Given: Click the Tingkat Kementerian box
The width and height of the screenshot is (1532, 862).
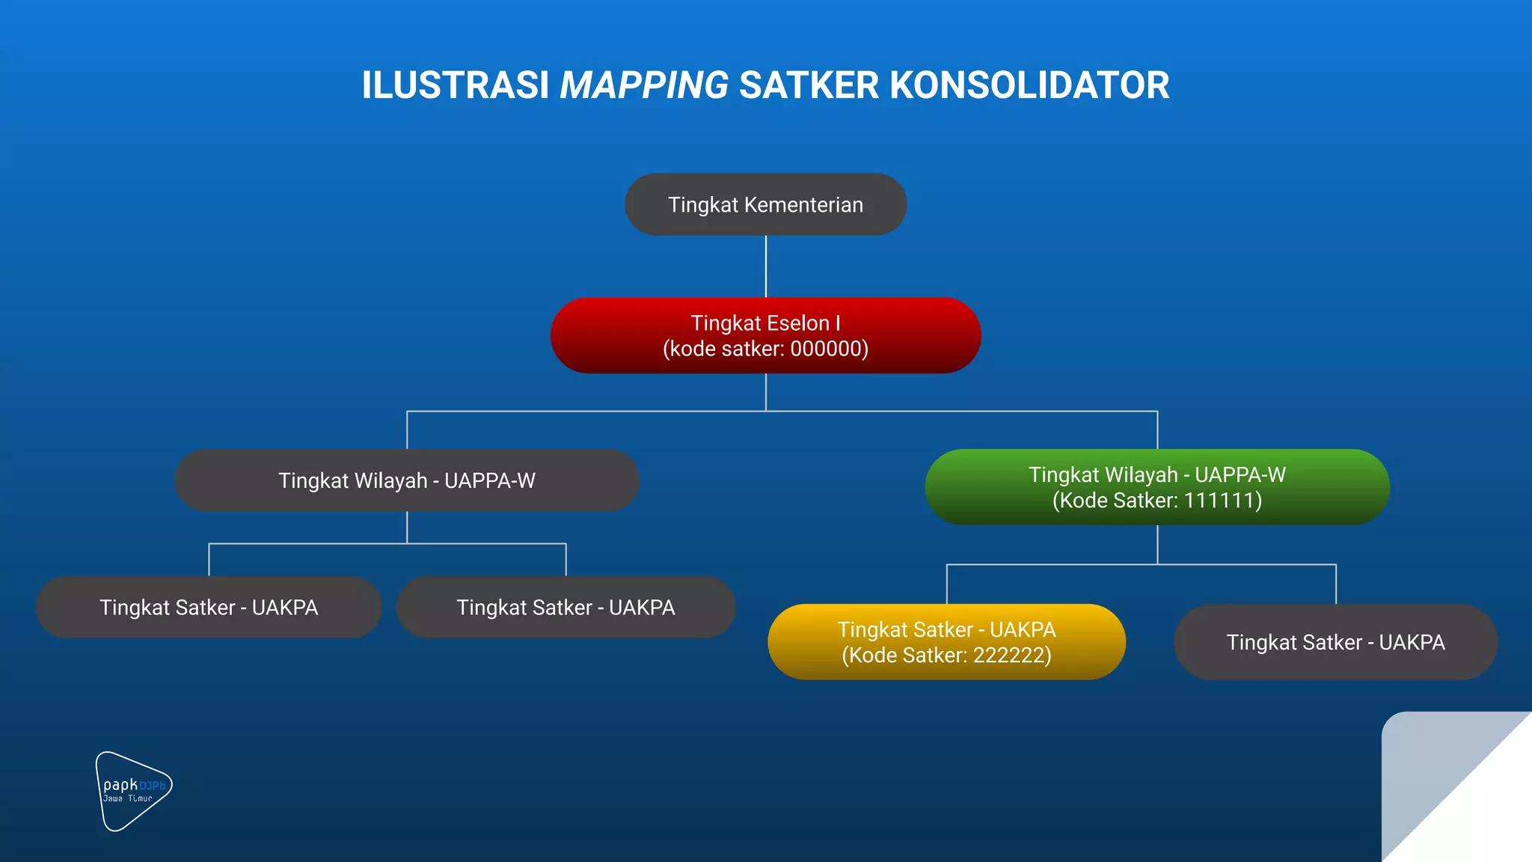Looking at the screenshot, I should coord(765,204).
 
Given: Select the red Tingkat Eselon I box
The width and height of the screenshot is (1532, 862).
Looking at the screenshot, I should coord(765,335).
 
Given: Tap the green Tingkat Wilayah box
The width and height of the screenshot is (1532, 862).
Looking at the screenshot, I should coord(1156,487).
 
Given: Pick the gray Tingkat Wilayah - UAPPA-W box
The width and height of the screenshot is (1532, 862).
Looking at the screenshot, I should coord(406,480).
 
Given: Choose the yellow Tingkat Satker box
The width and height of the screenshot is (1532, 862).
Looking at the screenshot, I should coord(946,642).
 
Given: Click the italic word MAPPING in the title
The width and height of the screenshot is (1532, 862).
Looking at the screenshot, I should coord(644,85).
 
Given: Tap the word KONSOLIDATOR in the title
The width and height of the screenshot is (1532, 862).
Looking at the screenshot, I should coord(1029,85).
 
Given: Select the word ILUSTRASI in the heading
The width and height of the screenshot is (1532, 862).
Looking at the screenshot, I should coord(456,85).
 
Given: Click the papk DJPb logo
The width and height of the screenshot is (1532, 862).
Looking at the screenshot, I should coord(133,791).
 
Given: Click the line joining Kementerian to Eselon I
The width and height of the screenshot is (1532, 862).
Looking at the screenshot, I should coord(765,266).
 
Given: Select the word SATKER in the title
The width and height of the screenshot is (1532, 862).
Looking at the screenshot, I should coord(809,85).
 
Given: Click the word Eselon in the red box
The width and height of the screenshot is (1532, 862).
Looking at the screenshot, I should coord(795,323).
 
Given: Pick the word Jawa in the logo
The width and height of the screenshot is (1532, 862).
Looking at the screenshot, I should coord(113,799).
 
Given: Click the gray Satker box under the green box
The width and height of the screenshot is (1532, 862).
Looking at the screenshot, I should coord(1335,642).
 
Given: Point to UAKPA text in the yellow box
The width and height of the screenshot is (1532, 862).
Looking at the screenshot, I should coord(1023,630).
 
